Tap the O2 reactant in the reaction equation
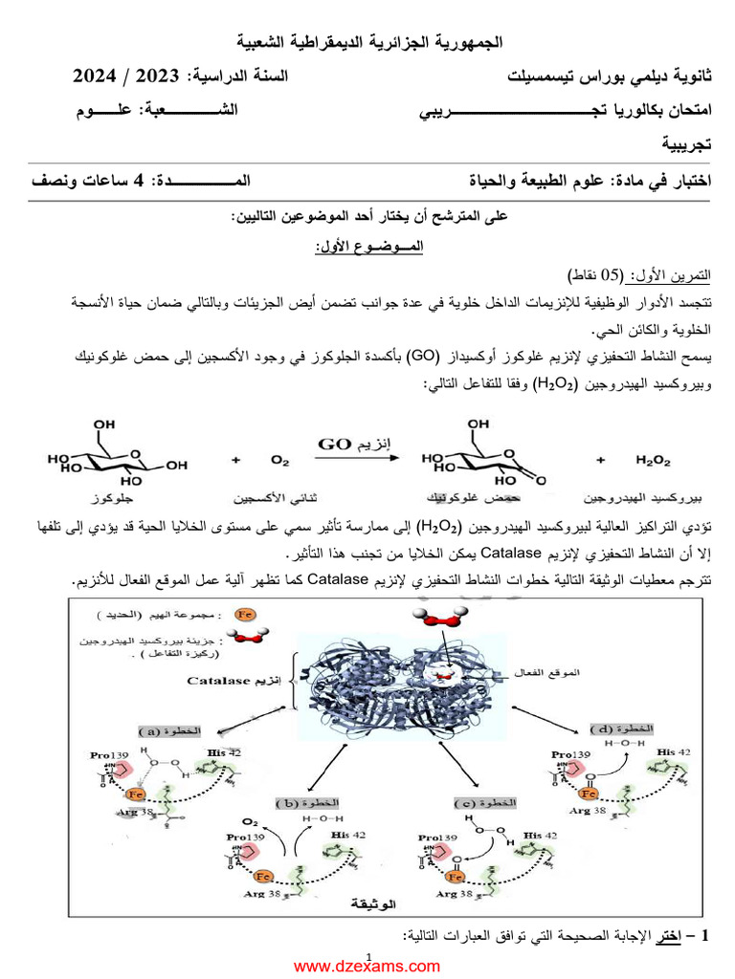(279, 461)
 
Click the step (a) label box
(171, 730)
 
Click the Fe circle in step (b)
(264, 874)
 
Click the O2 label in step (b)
(250, 821)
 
